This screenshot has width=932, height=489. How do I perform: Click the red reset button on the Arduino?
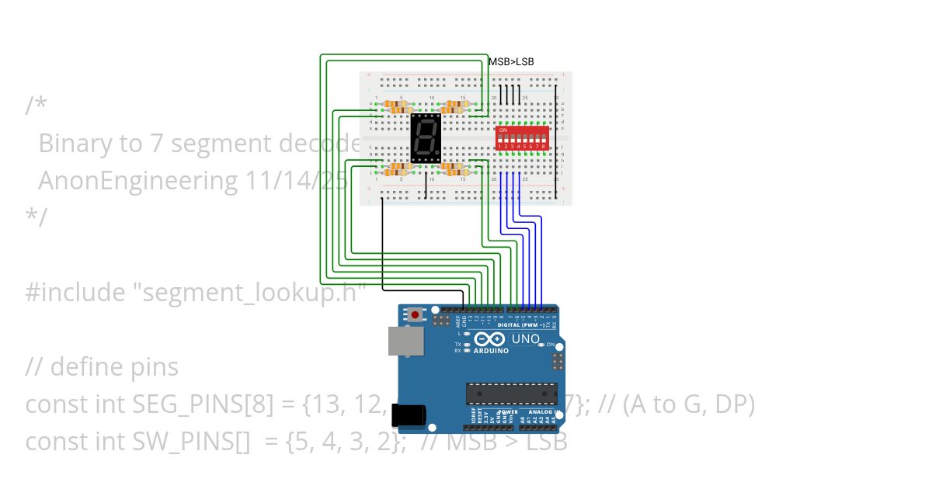[417, 315]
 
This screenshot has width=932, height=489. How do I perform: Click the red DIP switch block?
[522, 138]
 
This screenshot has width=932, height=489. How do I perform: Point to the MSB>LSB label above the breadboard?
[511, 62]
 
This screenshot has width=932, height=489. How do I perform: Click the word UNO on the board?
[526, 339]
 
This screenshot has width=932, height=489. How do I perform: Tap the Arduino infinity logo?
[489, 339]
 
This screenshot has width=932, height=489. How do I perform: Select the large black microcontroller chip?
[512, 394]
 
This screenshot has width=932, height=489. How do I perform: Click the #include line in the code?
[194, 293]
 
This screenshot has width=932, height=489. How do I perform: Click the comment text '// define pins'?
[102, 367]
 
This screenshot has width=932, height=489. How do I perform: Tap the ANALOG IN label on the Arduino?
[541, 411]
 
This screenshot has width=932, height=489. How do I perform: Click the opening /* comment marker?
[35, 106]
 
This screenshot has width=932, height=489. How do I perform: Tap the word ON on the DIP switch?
[503, 130]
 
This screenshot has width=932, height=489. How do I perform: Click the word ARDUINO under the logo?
[491, 351]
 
